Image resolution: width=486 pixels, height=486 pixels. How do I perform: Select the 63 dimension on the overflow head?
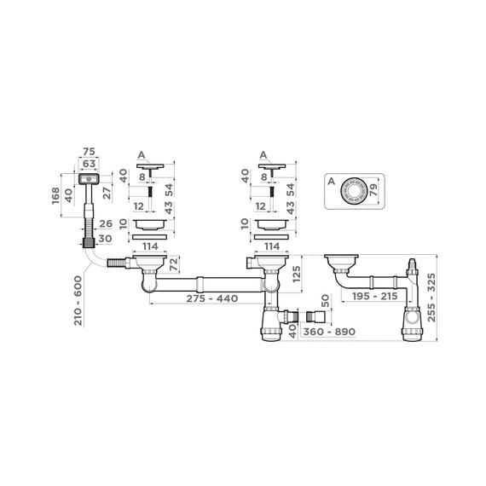tap(88, 165)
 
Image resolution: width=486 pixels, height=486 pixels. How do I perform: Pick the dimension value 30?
tap(107, 239)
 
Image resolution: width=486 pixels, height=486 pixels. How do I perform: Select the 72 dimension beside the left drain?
tap(175, 266)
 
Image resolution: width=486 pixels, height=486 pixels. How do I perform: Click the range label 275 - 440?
tap(200, 299)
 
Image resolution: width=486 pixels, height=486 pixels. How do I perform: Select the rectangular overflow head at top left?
tap(88, 178)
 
